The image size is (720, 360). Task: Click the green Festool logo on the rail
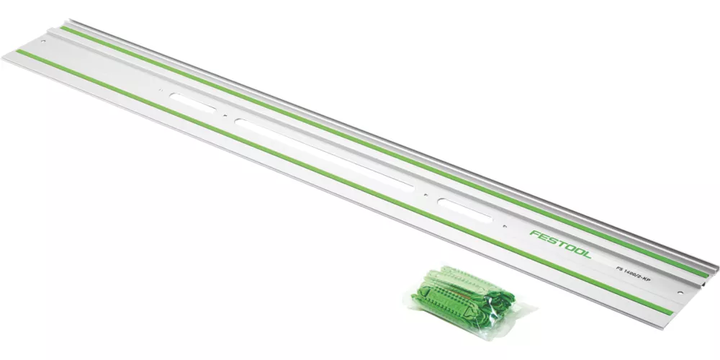point(560,243)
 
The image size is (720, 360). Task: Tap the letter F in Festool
point(534,234)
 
